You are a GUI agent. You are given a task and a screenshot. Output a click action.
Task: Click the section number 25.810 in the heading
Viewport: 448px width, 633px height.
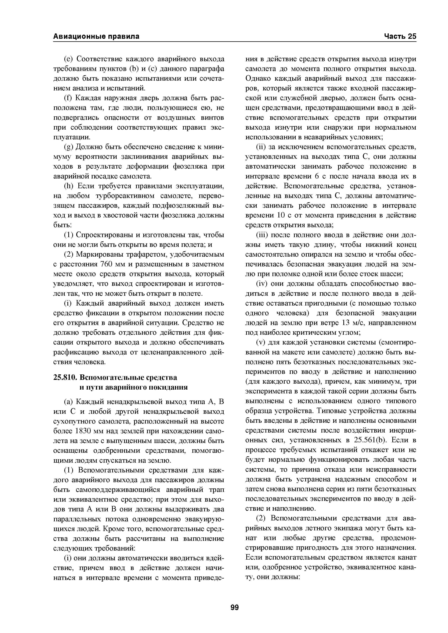64,377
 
